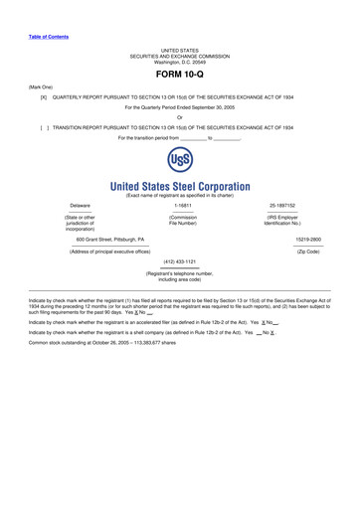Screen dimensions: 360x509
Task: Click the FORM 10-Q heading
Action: pos(180,75)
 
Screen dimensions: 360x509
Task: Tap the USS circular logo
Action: pos(180,161)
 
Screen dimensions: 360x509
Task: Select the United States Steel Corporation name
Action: pos(180,186)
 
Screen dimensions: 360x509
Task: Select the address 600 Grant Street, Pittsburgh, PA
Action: pos(110,240)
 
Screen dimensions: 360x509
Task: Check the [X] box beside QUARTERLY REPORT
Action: pos(44,97)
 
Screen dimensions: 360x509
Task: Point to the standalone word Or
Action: pos(180,117)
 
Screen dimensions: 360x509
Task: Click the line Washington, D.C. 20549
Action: pos(180,62)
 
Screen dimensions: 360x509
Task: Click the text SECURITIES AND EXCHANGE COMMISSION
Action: pos(180,56)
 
